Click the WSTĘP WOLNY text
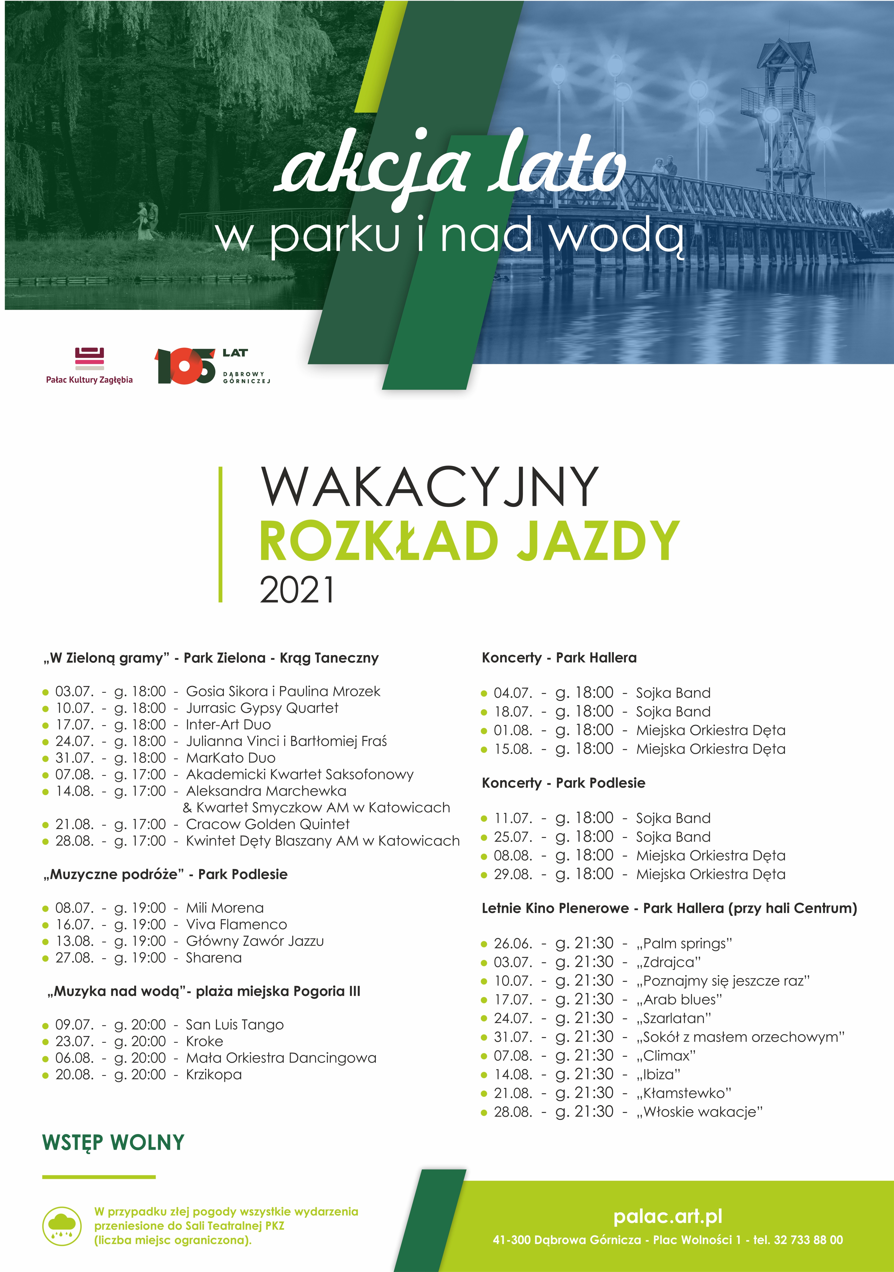(x=114, y=1142)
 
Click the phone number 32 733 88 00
(x=808, y=1240)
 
